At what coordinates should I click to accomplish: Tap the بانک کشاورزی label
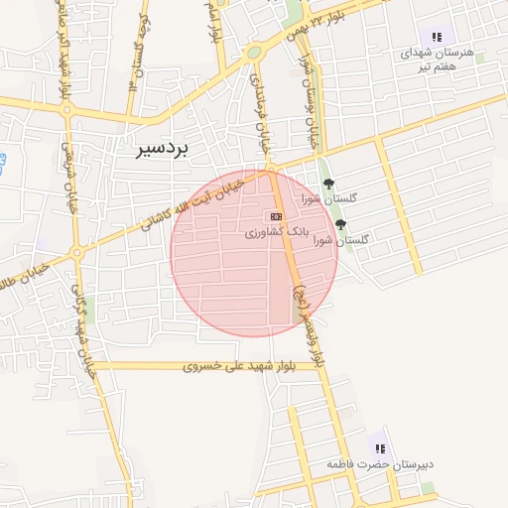[278, 231]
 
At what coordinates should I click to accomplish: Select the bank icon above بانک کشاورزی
[275, 215]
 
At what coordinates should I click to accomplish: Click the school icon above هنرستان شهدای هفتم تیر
[437, 36]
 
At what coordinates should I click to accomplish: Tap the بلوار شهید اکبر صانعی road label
[63, 60]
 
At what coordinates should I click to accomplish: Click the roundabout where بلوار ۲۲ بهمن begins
[254, 53]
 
